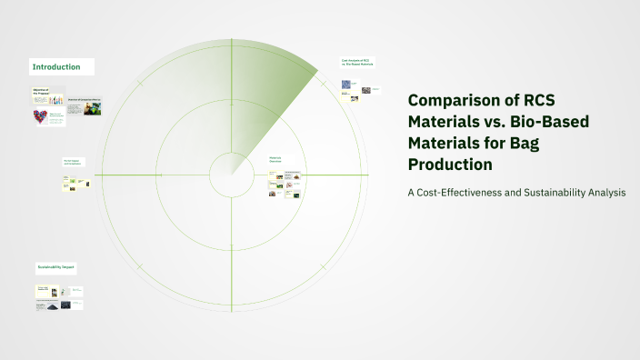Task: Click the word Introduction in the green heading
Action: [x=56, y=67]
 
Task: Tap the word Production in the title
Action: [x=450, y=165]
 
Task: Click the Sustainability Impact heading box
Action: [x=55, y=267]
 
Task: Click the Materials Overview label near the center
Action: [x=275, y=160]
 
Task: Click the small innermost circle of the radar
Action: [x=232, y=173]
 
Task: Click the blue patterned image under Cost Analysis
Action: [x=346, y=85]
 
